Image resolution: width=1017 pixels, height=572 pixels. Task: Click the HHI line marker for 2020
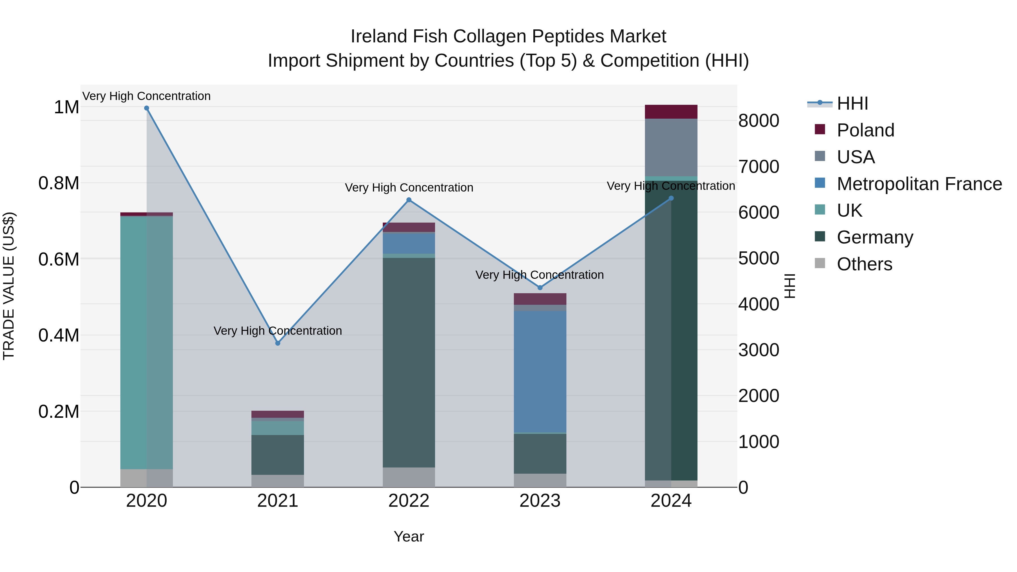click(146, 108)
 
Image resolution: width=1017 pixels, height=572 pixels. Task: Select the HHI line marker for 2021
click(277, 343)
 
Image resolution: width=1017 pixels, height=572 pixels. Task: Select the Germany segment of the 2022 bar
click(408, 362)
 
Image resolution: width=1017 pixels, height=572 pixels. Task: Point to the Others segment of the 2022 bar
click(408, 477)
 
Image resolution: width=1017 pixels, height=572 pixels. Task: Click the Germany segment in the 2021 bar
click(277, 454)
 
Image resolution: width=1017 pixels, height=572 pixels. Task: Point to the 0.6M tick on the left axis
click(58, 259)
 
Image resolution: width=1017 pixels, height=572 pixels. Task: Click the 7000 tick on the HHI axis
click(759, 167)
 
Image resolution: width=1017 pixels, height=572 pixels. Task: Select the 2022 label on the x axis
click(408, 501)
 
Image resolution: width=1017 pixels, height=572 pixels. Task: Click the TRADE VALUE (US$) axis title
click(9, 286)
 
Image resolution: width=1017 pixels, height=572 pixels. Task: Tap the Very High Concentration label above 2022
click(408, 188)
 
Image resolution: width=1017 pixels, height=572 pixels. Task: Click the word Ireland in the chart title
click(379, 36)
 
